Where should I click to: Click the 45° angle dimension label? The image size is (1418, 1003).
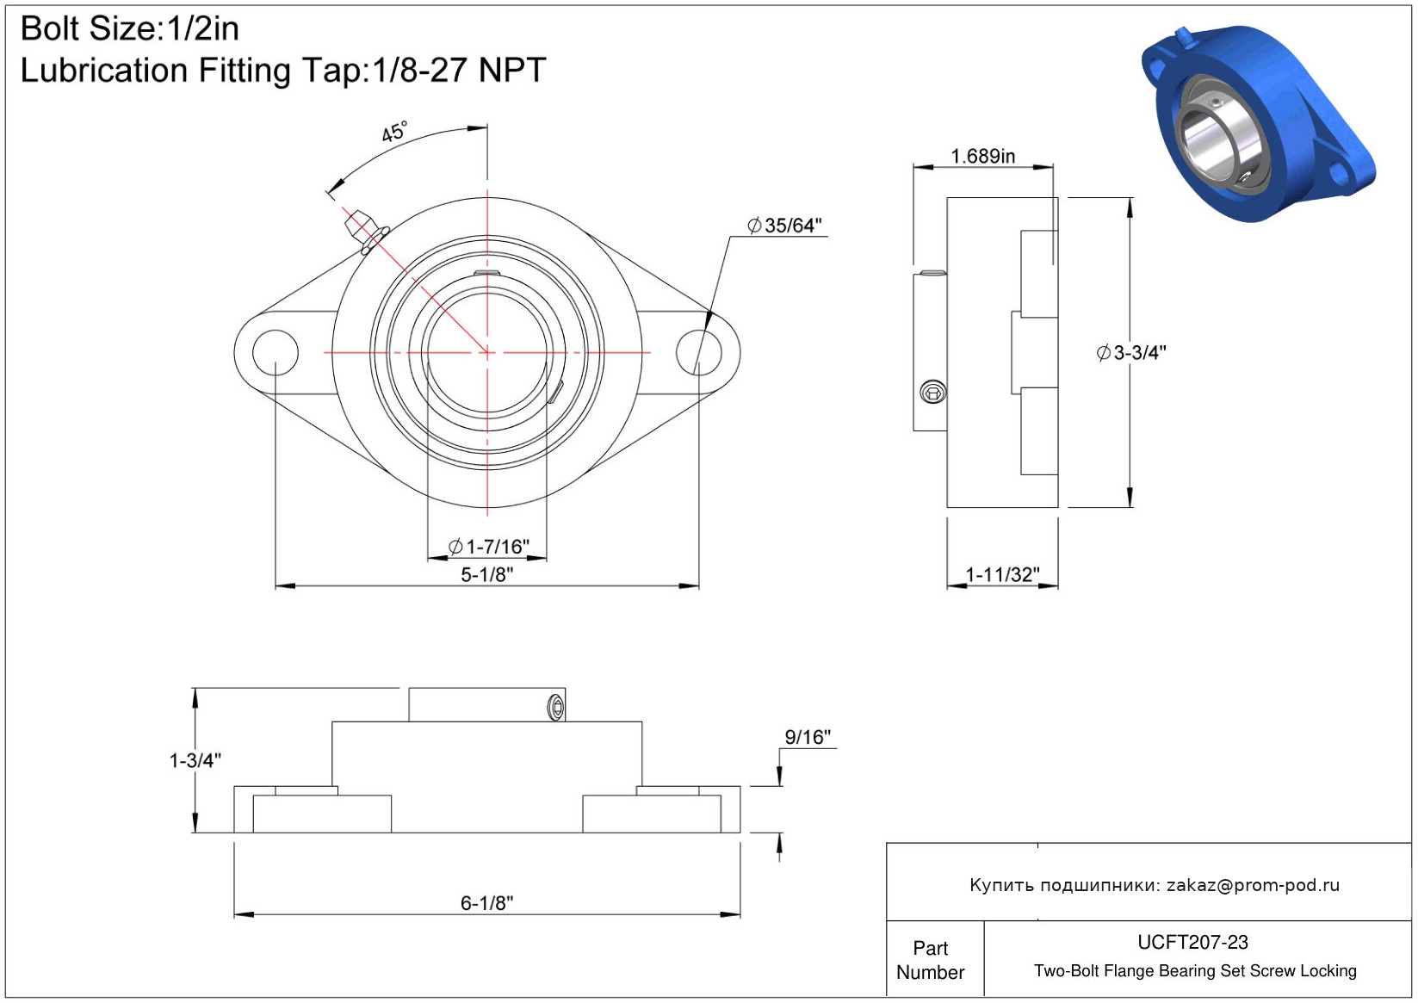pos(393,132)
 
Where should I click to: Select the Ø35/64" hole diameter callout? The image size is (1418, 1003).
pos(784,226)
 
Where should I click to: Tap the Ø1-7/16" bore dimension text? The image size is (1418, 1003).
pos(489,546)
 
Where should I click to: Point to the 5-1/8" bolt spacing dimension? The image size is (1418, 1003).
pos(486,574)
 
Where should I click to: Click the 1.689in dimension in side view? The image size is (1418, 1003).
pos(983,156)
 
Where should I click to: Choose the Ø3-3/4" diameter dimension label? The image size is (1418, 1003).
pos(1131,353)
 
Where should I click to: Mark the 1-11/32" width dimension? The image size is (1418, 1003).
pos(1003,574)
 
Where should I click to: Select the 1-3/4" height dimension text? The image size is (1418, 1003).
pos(195,760)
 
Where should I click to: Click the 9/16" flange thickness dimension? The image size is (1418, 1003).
pos(808,736)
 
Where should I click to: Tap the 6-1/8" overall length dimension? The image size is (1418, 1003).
pos(486,903)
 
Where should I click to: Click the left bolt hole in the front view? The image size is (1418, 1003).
pos(276,352)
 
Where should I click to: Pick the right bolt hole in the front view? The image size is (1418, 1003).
pos(699,352)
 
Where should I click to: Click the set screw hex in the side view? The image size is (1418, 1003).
pos(933,393)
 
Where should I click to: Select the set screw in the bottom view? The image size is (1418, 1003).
pos(556,707)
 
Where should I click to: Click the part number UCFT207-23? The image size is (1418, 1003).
pos(1192,942)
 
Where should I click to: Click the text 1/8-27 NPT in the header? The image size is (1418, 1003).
pos(459,70)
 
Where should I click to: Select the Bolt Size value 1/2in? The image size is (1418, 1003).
pos(202,28)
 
